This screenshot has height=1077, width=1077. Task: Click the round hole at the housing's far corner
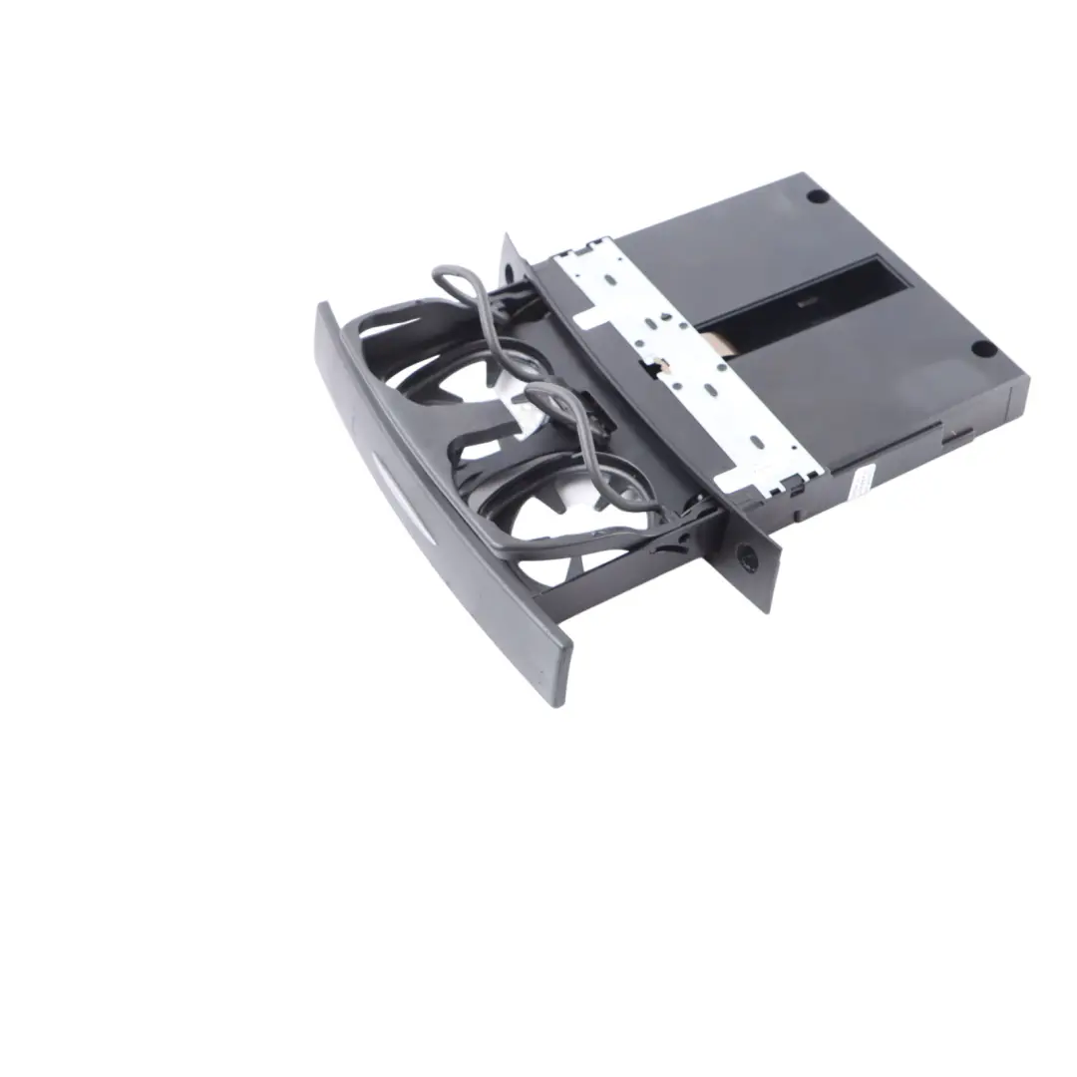coord(817,197)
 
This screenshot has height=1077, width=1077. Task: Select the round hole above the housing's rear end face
coord(982,348)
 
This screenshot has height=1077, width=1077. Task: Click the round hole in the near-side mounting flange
coord(742,553)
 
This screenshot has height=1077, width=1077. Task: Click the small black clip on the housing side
coord(957,435)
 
